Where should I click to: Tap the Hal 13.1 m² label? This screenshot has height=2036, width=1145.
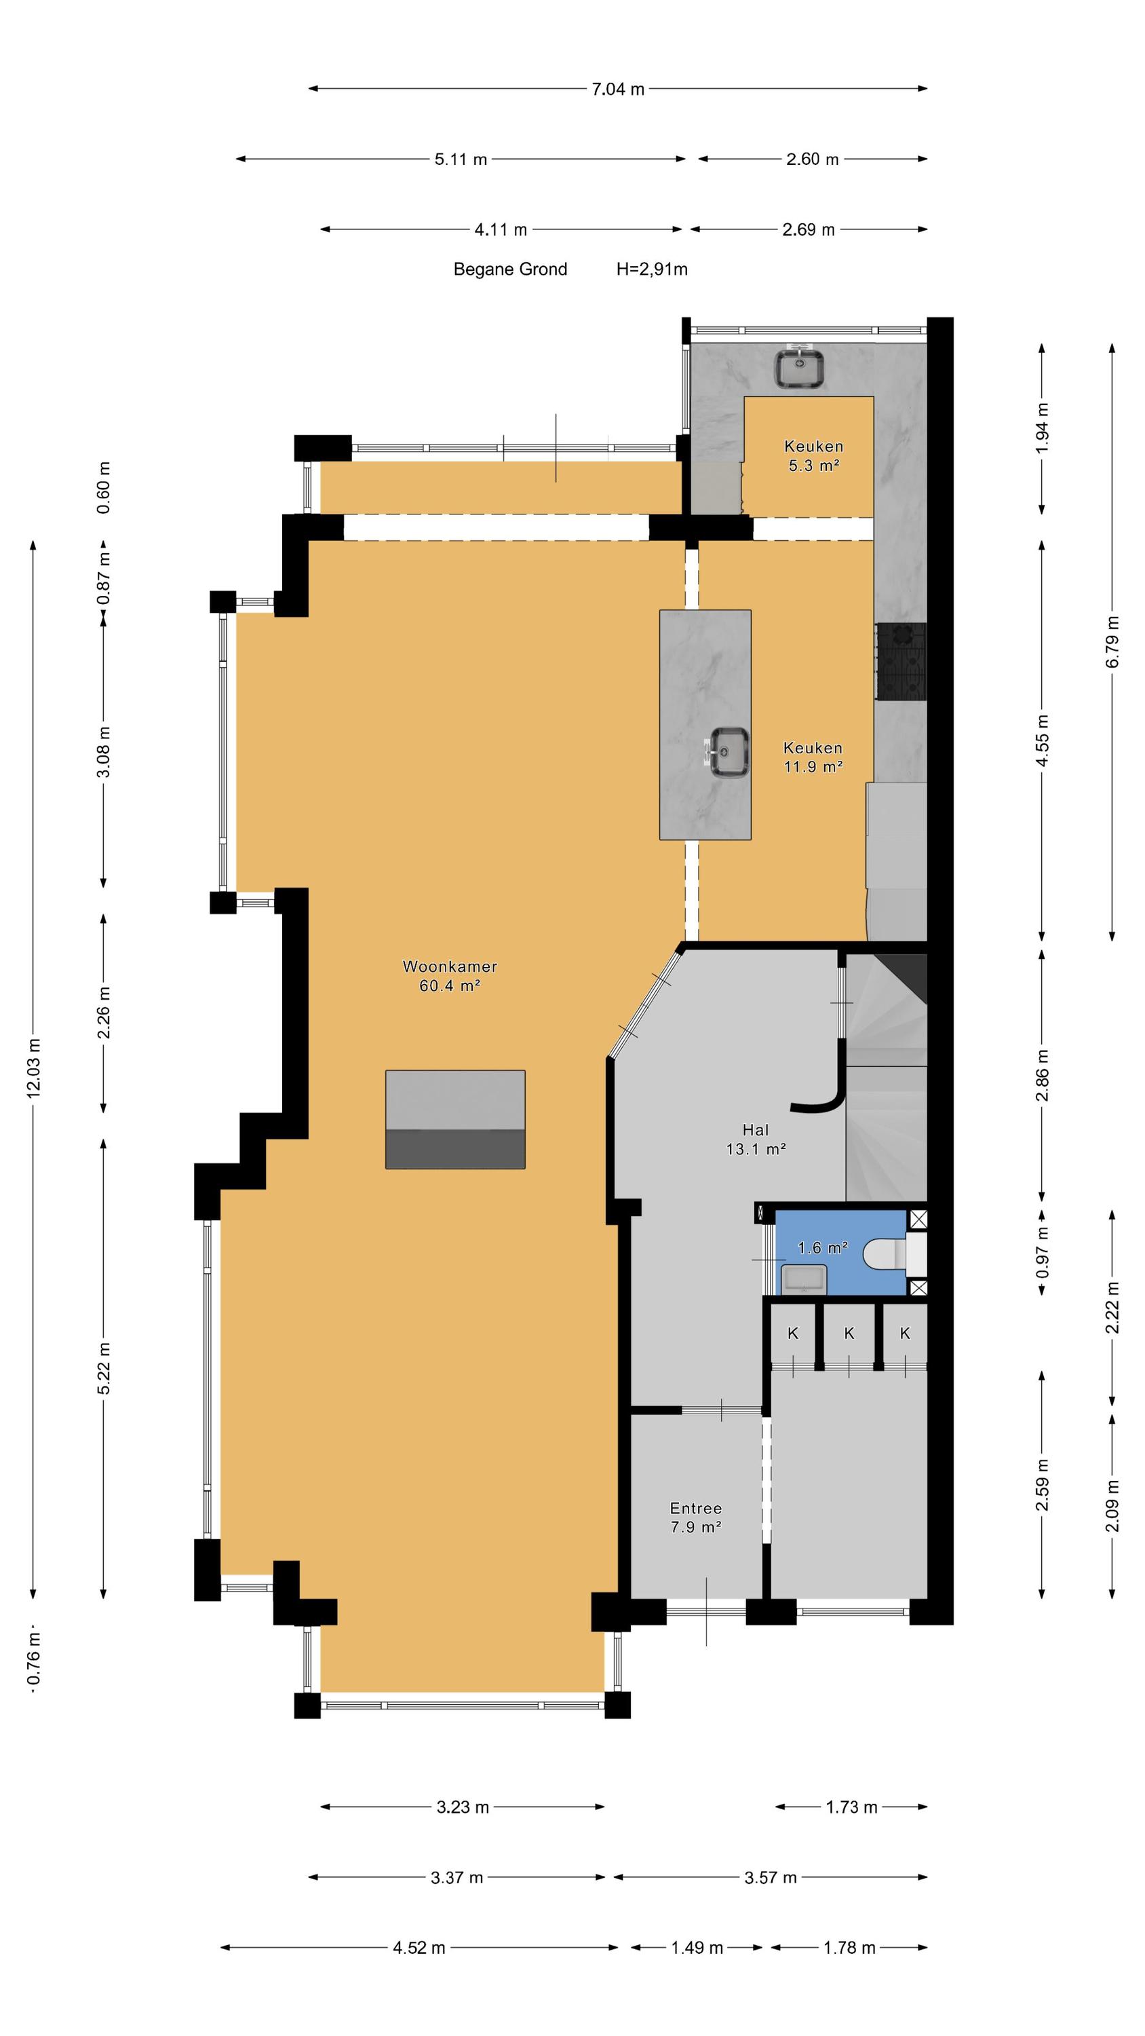(756, 1139)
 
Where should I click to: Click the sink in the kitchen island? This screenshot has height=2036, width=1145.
(728, 753)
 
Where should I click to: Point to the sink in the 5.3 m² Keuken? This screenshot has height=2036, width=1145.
(800, 368)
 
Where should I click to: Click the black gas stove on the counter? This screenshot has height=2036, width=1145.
(900, 661)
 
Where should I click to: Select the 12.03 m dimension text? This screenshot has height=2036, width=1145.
(34, 1067)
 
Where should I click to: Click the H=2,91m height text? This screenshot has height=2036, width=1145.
(652, 269)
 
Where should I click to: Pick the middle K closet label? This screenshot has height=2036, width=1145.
(849, 1334)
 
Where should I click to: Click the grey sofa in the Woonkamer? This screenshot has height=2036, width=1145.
(455, 1119)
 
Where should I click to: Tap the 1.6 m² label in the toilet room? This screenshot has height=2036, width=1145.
(823, 1248)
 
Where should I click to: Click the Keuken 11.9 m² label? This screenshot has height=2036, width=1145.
(813, 757)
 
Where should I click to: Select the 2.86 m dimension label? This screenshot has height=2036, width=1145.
(1043, 1075)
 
